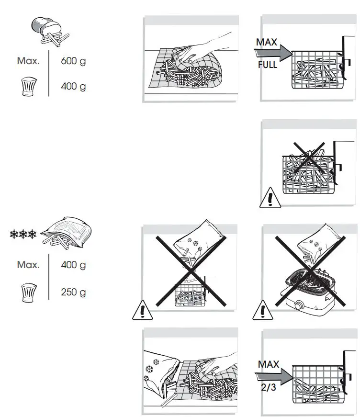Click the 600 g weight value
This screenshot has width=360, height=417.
pos(73,61)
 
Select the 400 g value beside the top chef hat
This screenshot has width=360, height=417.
pos(73,87)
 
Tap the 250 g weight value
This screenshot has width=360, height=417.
pos(73,292)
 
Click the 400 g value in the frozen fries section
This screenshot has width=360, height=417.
pos(73,264)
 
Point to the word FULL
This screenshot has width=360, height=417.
pos(268,65)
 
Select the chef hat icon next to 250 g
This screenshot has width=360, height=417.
pos(29,293)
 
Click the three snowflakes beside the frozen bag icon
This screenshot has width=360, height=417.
pos(23,235)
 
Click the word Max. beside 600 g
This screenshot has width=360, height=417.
pos(28,61)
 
